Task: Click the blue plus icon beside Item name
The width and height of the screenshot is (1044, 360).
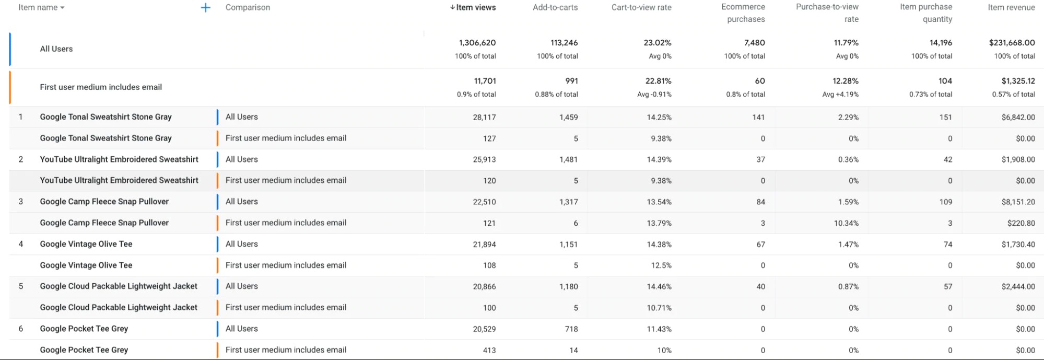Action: [206, 8]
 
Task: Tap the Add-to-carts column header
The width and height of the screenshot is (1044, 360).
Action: [555, 8]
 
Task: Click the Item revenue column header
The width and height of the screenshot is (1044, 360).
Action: [1011, 8]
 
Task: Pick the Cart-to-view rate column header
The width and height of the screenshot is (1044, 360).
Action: [641, 8]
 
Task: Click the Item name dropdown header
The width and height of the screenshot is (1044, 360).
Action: [41, 8]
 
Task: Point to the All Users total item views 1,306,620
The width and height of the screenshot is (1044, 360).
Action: [477, 43]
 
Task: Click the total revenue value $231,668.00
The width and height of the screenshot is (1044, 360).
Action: [1012, 43]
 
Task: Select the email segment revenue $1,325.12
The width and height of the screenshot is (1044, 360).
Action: [1018, 81]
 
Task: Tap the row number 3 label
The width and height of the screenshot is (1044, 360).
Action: [21, 202]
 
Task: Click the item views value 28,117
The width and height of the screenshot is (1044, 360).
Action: [484, 118]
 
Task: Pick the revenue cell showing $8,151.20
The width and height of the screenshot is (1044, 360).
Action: [1018, 202]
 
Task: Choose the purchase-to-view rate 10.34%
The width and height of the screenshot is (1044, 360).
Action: [846, 223]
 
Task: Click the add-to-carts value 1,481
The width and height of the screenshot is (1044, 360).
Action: [568, 160]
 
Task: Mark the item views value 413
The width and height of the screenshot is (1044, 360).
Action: [489, 350]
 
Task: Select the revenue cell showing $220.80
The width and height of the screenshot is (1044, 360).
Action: [1021, 223]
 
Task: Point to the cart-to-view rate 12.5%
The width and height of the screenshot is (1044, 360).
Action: [661, 265]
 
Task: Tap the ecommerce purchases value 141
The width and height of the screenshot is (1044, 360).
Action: [758, 118]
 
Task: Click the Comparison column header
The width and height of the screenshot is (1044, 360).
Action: [248, 8]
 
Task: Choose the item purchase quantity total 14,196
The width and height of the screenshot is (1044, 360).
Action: [941, 43]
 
